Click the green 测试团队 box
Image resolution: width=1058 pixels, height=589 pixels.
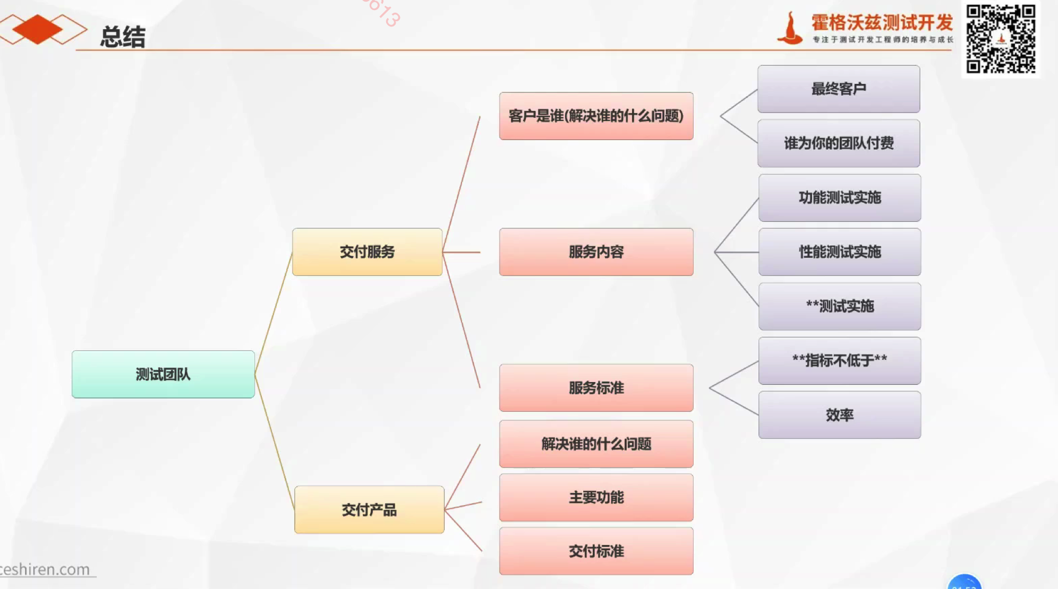point(163,374)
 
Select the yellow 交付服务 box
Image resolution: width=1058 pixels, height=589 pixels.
point(367,252)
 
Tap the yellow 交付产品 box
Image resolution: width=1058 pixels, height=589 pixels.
point(369,509)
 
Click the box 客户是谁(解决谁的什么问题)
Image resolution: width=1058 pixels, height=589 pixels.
point(596,116)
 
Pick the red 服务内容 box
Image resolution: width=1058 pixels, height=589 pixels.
point(596,252)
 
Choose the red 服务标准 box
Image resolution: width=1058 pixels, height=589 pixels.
point(596,387)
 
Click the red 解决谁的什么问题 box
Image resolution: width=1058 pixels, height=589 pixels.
point(596,444)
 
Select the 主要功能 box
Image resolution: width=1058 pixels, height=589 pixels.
point(596,497)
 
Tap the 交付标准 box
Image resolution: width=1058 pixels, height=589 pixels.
point(596,551)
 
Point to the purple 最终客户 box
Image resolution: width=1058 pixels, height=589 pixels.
point(839,89)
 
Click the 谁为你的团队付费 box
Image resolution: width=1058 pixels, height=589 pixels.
point(839,143)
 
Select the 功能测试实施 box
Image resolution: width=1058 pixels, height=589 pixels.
point(840,197)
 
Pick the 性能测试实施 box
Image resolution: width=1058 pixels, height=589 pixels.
point(840,252)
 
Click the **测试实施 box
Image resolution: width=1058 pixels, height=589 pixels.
point(840,306)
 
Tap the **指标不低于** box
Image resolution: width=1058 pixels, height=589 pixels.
point(840,360)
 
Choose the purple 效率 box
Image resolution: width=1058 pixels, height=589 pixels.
point(840,414)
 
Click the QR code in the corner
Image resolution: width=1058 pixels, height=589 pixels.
point(1001,39)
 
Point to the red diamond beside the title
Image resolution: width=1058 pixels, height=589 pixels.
point(37,29)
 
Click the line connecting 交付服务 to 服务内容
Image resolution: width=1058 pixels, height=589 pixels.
point(462,252)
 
